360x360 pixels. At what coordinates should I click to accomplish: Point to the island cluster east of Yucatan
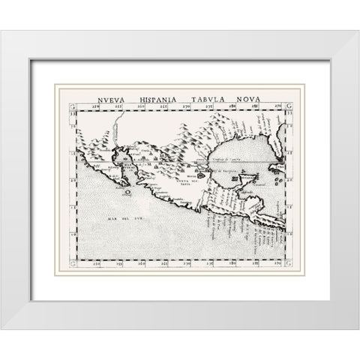tap(278, 181)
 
